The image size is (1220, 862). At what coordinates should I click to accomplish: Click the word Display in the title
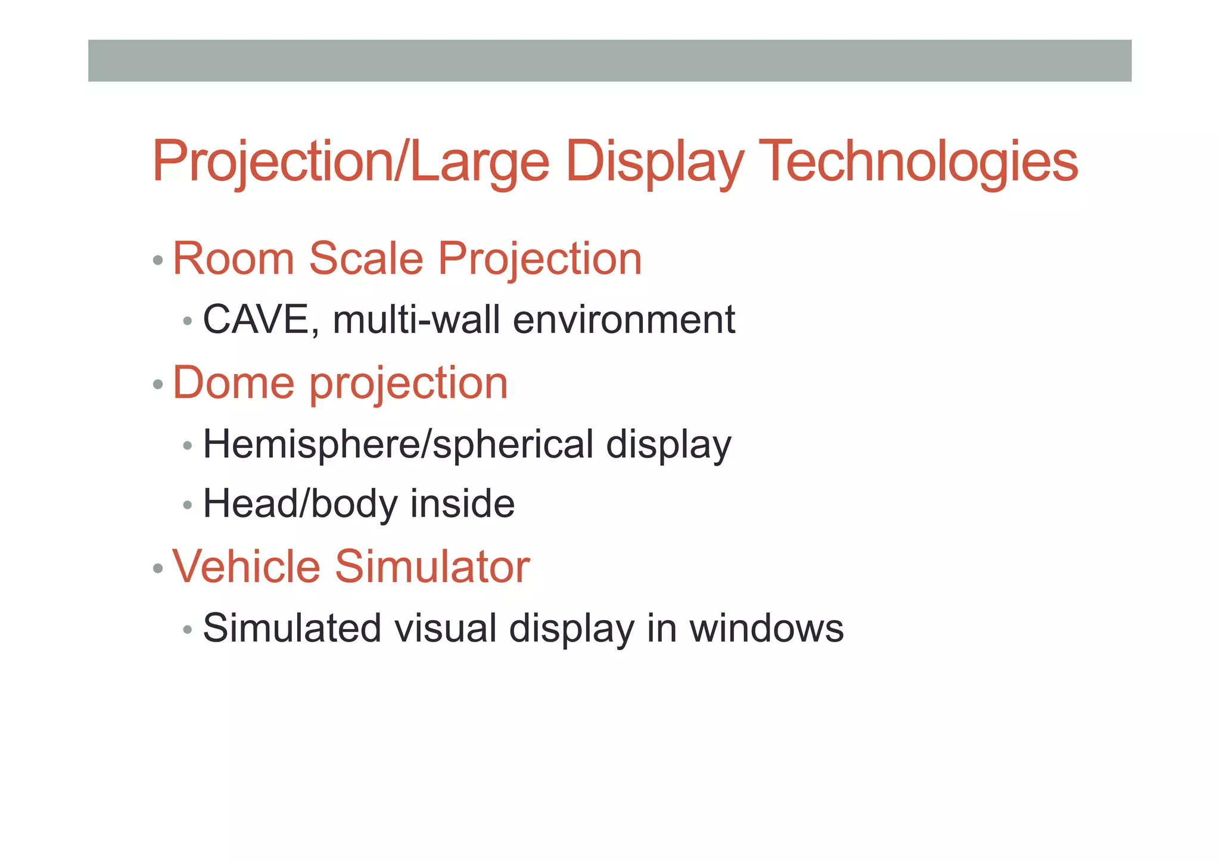655,161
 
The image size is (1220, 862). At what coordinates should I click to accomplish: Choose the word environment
624,320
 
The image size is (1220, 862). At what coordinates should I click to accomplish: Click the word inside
462,503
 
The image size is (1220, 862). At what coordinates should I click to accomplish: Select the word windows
767,628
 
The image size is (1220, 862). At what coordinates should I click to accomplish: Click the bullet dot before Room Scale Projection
158,260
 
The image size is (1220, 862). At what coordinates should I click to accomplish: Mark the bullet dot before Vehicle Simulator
158,568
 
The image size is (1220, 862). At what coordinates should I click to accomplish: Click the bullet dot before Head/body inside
188,506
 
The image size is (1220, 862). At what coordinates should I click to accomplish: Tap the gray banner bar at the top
609,61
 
